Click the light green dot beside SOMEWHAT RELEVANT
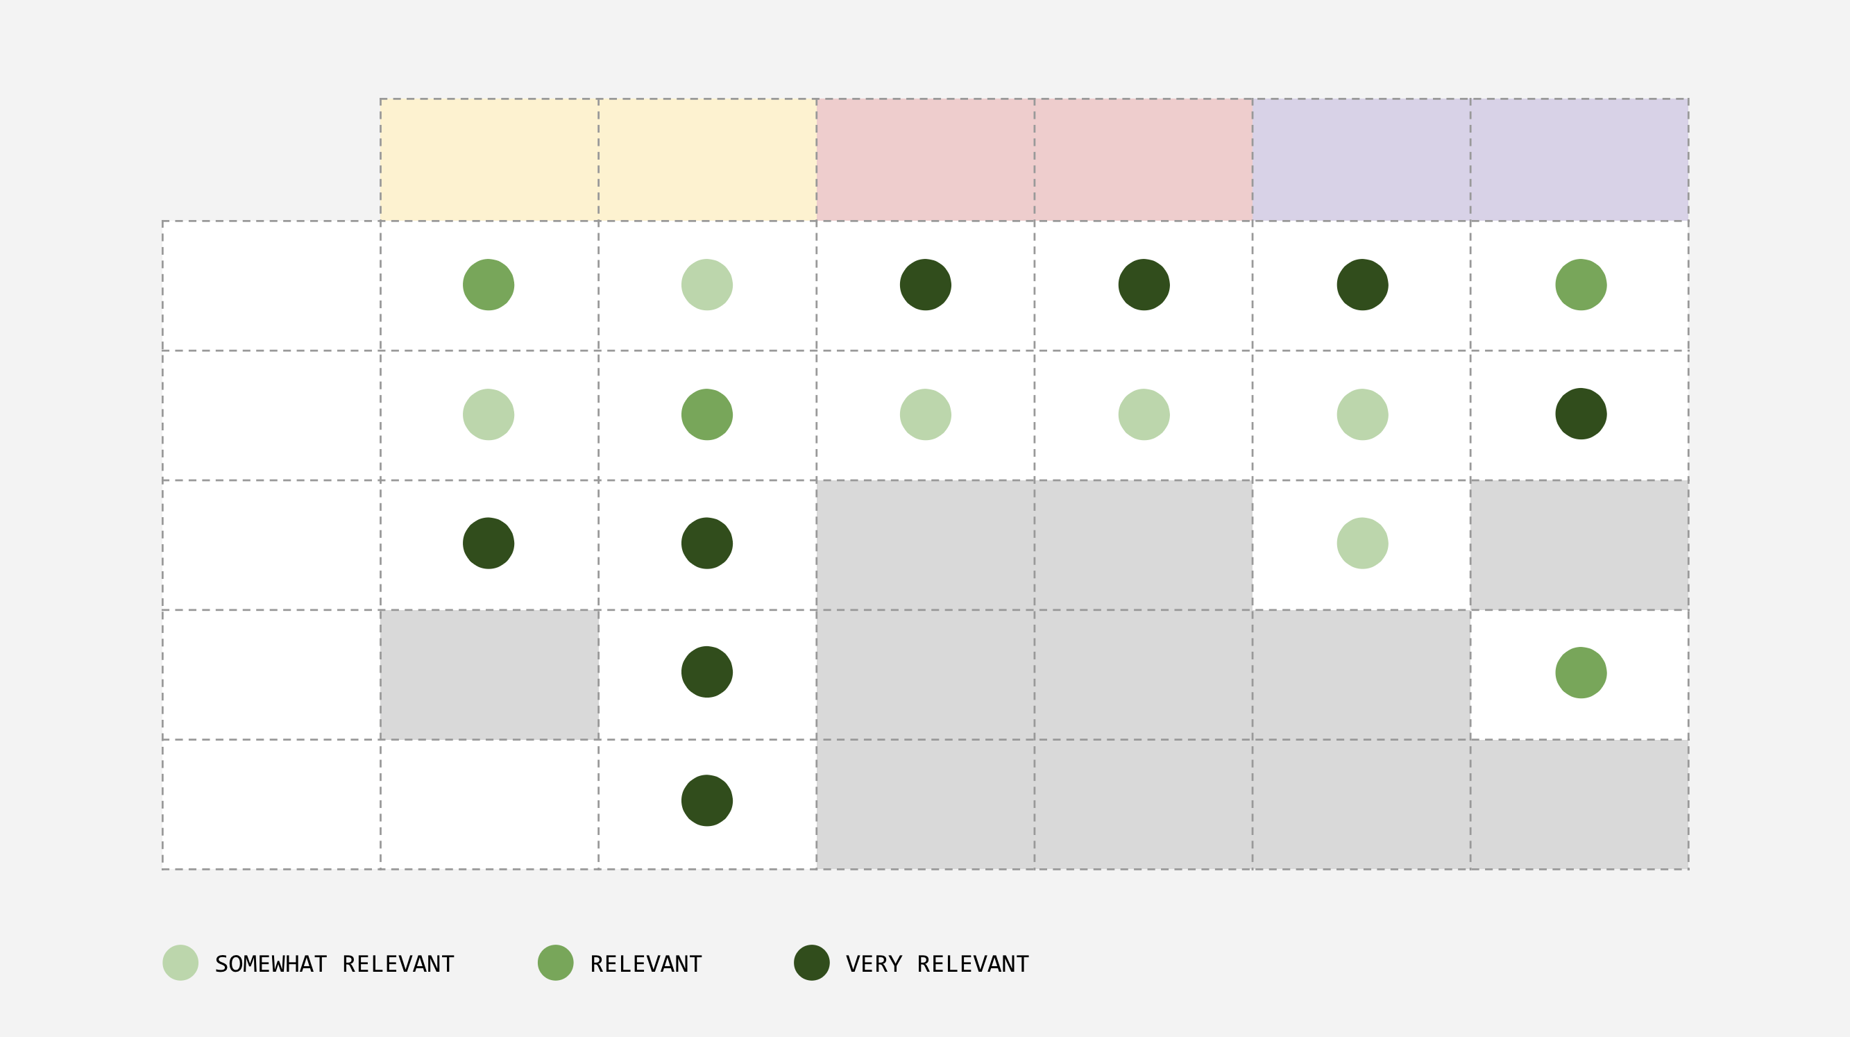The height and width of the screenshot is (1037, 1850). point(180,962)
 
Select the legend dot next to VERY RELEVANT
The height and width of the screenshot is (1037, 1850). point(811,962)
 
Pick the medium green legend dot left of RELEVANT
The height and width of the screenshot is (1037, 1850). point(555,962)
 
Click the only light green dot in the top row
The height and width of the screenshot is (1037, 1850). point(706,285)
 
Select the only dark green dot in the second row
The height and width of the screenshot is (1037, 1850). point(1581,414)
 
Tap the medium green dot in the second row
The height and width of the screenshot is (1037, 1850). point(706,414)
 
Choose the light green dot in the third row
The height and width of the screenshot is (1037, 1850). point(1361,543)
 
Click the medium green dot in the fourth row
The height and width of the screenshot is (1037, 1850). point(1581,672)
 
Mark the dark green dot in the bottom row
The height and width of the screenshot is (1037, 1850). point(706,800)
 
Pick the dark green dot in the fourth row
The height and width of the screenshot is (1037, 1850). point(706,671)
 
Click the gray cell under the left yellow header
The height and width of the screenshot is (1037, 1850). point(489,675)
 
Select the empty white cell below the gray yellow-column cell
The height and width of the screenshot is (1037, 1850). point(489,804)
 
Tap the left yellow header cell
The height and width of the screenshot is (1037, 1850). point(489,160)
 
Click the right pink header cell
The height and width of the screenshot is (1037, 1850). point(1144,160)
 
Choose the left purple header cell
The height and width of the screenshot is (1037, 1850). point(1361,160)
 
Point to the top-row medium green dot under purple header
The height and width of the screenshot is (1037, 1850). point(1581,285)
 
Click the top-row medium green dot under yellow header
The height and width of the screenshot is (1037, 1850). point(489,285)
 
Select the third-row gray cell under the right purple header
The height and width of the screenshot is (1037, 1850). point(1579,544)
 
